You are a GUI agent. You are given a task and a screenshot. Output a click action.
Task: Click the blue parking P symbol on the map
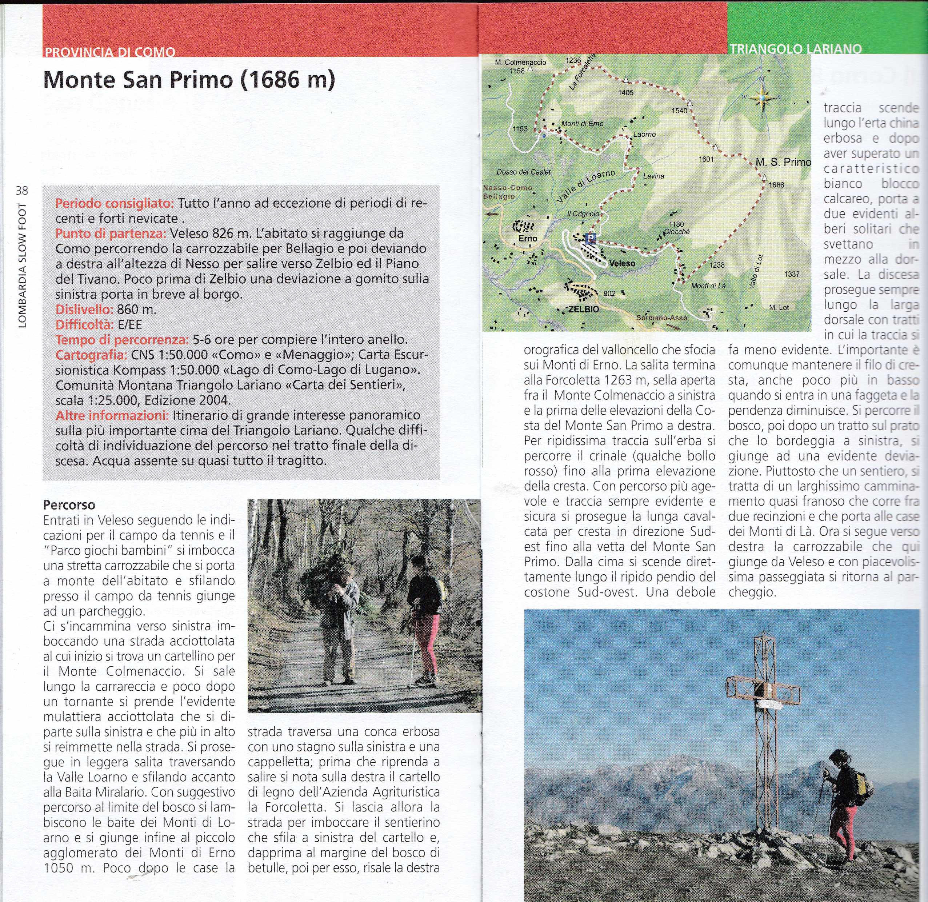tap(590, 238)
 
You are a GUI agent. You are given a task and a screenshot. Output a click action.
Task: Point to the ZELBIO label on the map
tap(584, 310)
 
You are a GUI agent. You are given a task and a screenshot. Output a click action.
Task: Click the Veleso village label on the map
tap(622, 263)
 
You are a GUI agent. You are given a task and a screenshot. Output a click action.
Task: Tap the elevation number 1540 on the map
tap(679, 111)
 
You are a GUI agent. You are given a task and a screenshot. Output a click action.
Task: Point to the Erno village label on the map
tap(528, 238)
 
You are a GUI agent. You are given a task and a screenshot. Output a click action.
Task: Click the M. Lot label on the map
tap(779, 307)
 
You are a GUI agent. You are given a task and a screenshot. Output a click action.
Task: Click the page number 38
tap(22, 191)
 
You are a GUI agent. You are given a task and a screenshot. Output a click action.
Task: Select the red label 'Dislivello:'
tap(84, 310)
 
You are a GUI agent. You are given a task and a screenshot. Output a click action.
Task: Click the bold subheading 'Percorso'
tap(69, 504)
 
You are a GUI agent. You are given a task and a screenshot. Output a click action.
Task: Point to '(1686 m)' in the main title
tap(288, 80)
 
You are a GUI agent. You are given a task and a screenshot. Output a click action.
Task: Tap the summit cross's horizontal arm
tap(763, 689)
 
